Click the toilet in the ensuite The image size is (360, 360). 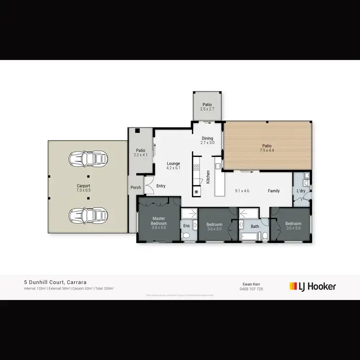pos(187,236)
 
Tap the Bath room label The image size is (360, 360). pos(255,226)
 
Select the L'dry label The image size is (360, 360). pos(301,191)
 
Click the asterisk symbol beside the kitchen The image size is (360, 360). pos(197,192)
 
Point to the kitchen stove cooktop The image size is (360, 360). pos(196,168)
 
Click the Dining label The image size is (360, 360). pos(207,138)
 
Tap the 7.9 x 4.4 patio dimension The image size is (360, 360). pos(266,151)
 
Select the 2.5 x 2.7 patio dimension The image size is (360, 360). pos(207,109)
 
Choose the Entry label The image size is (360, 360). pos(161,186)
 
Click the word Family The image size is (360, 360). pos(274,191)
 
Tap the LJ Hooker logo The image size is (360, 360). pos(312,287)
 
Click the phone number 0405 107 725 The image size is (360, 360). pos(252,289)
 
